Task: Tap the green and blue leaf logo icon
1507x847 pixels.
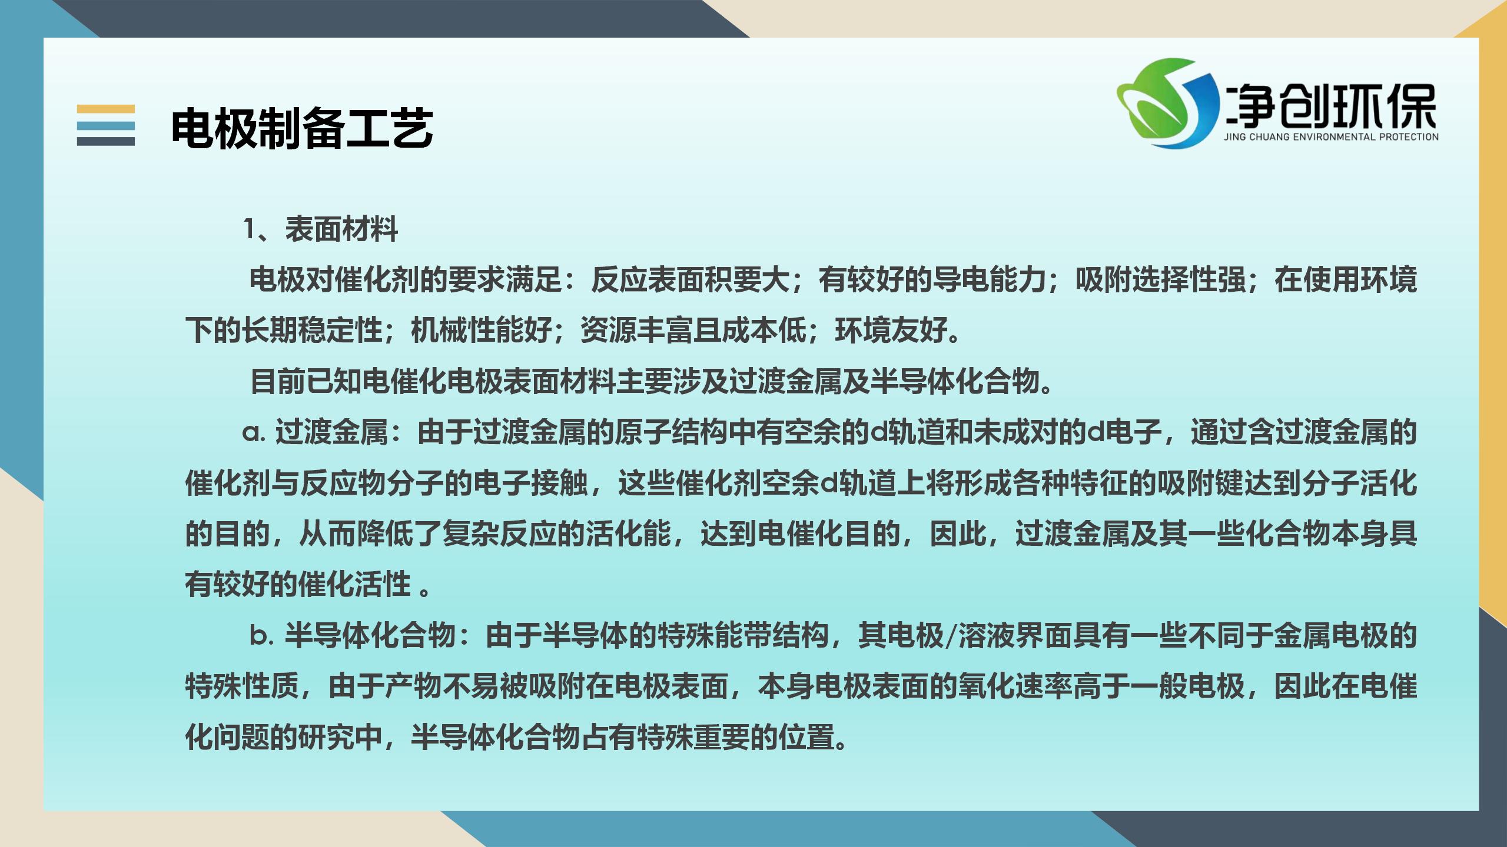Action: pos(1169,103)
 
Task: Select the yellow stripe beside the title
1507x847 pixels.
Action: pos(106,109)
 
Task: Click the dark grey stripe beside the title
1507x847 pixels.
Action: pos(106,141)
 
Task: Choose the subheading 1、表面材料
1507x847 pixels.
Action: pos(321,229)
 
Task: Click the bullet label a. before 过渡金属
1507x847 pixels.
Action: pos(254,433)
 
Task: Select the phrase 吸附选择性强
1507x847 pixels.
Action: pos(1161,280)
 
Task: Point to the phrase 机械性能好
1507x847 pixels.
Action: pos(482,331)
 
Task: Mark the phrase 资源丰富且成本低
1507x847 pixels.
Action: pos(693,331)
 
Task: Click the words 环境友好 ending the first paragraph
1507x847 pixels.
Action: pos(891,331)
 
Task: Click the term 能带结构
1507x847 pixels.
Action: pos(771,636)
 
